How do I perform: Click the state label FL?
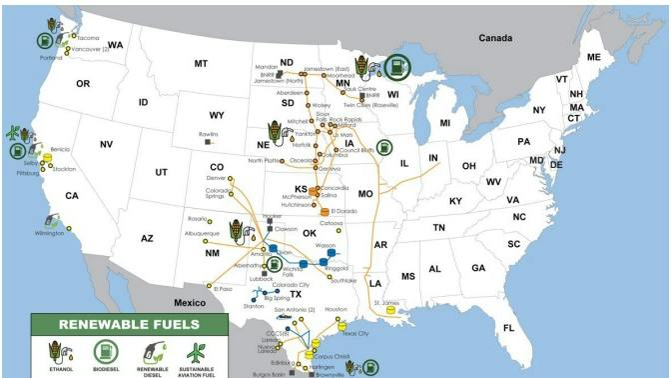(x=508, y=328)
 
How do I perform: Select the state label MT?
(x=201, y=64)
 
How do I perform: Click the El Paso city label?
(x=223, y=288)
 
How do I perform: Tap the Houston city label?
(x=335, y=309)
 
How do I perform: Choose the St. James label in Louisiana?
(x=386, y=302)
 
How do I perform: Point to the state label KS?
(x=301, y=188)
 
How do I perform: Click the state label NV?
(x=105, y=144)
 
